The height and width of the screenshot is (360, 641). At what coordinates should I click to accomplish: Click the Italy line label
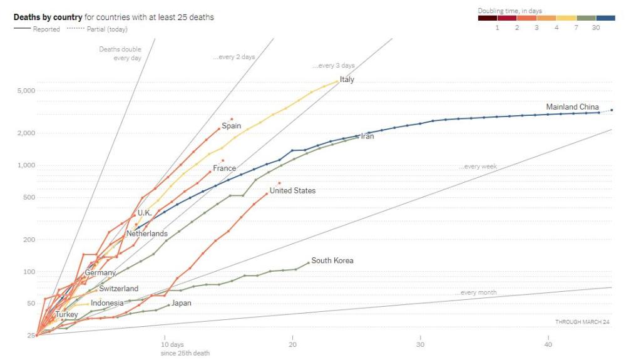pos(347,80)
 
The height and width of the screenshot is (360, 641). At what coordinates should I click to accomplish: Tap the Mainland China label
pos(572,107)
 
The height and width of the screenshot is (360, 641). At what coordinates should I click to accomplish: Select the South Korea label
pos(332,260)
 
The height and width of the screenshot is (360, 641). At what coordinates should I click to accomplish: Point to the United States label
pos(292,190)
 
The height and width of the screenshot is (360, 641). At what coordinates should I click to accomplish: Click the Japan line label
pos(182,303)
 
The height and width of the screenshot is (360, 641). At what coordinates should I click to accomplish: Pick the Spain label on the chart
pos(232,126)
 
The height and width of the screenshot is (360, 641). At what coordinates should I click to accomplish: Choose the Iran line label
pos(367,136)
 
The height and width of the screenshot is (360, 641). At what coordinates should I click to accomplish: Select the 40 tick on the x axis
pos(548,344)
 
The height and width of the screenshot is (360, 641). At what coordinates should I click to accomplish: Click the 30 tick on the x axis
pos(421,344)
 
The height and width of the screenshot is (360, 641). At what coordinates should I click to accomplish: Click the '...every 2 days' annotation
pos(233,57)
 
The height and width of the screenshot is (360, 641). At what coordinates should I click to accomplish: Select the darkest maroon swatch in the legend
pos(488,18)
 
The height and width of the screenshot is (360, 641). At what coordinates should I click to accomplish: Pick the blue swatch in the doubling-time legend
pos(606,18)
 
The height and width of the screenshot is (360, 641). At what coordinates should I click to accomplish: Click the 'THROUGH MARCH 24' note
pos(582,322)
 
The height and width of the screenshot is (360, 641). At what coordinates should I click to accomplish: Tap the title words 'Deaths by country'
pos(48,17)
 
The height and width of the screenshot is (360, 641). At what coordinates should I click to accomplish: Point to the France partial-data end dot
pos(222,160)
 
